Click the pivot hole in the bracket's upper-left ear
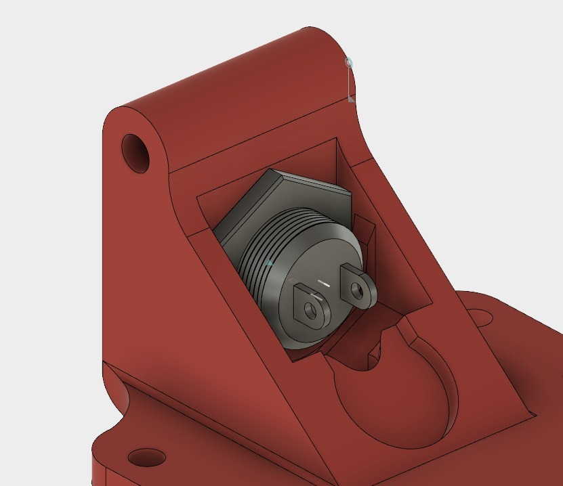tap(135, 152)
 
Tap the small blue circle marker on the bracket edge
tap(349, 63)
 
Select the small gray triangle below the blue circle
tap(351, 99)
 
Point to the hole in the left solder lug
tap(311, 311)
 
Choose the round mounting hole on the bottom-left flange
tap(146, 457)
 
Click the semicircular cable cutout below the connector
tap(393, 399)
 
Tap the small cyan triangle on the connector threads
tap(270, 263)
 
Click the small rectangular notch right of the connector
tap(365, 234)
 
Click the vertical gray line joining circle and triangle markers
tap(350, 81)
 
